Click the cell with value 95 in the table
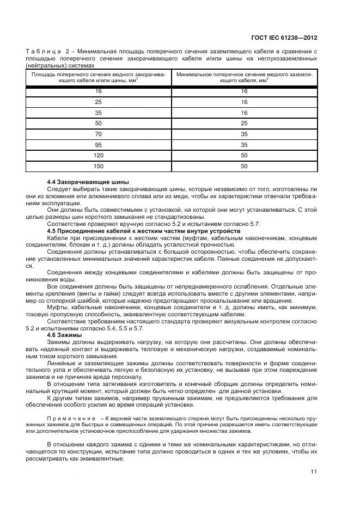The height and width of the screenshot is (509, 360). pos(99,144)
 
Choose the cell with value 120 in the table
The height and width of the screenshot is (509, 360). pos(99,155)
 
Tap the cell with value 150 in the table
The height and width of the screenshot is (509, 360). pos(99,166)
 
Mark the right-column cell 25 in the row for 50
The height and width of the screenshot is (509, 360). pos(244,122)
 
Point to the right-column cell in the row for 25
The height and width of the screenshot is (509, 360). pos(244,102)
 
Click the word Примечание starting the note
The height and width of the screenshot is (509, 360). pos(68,418)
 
